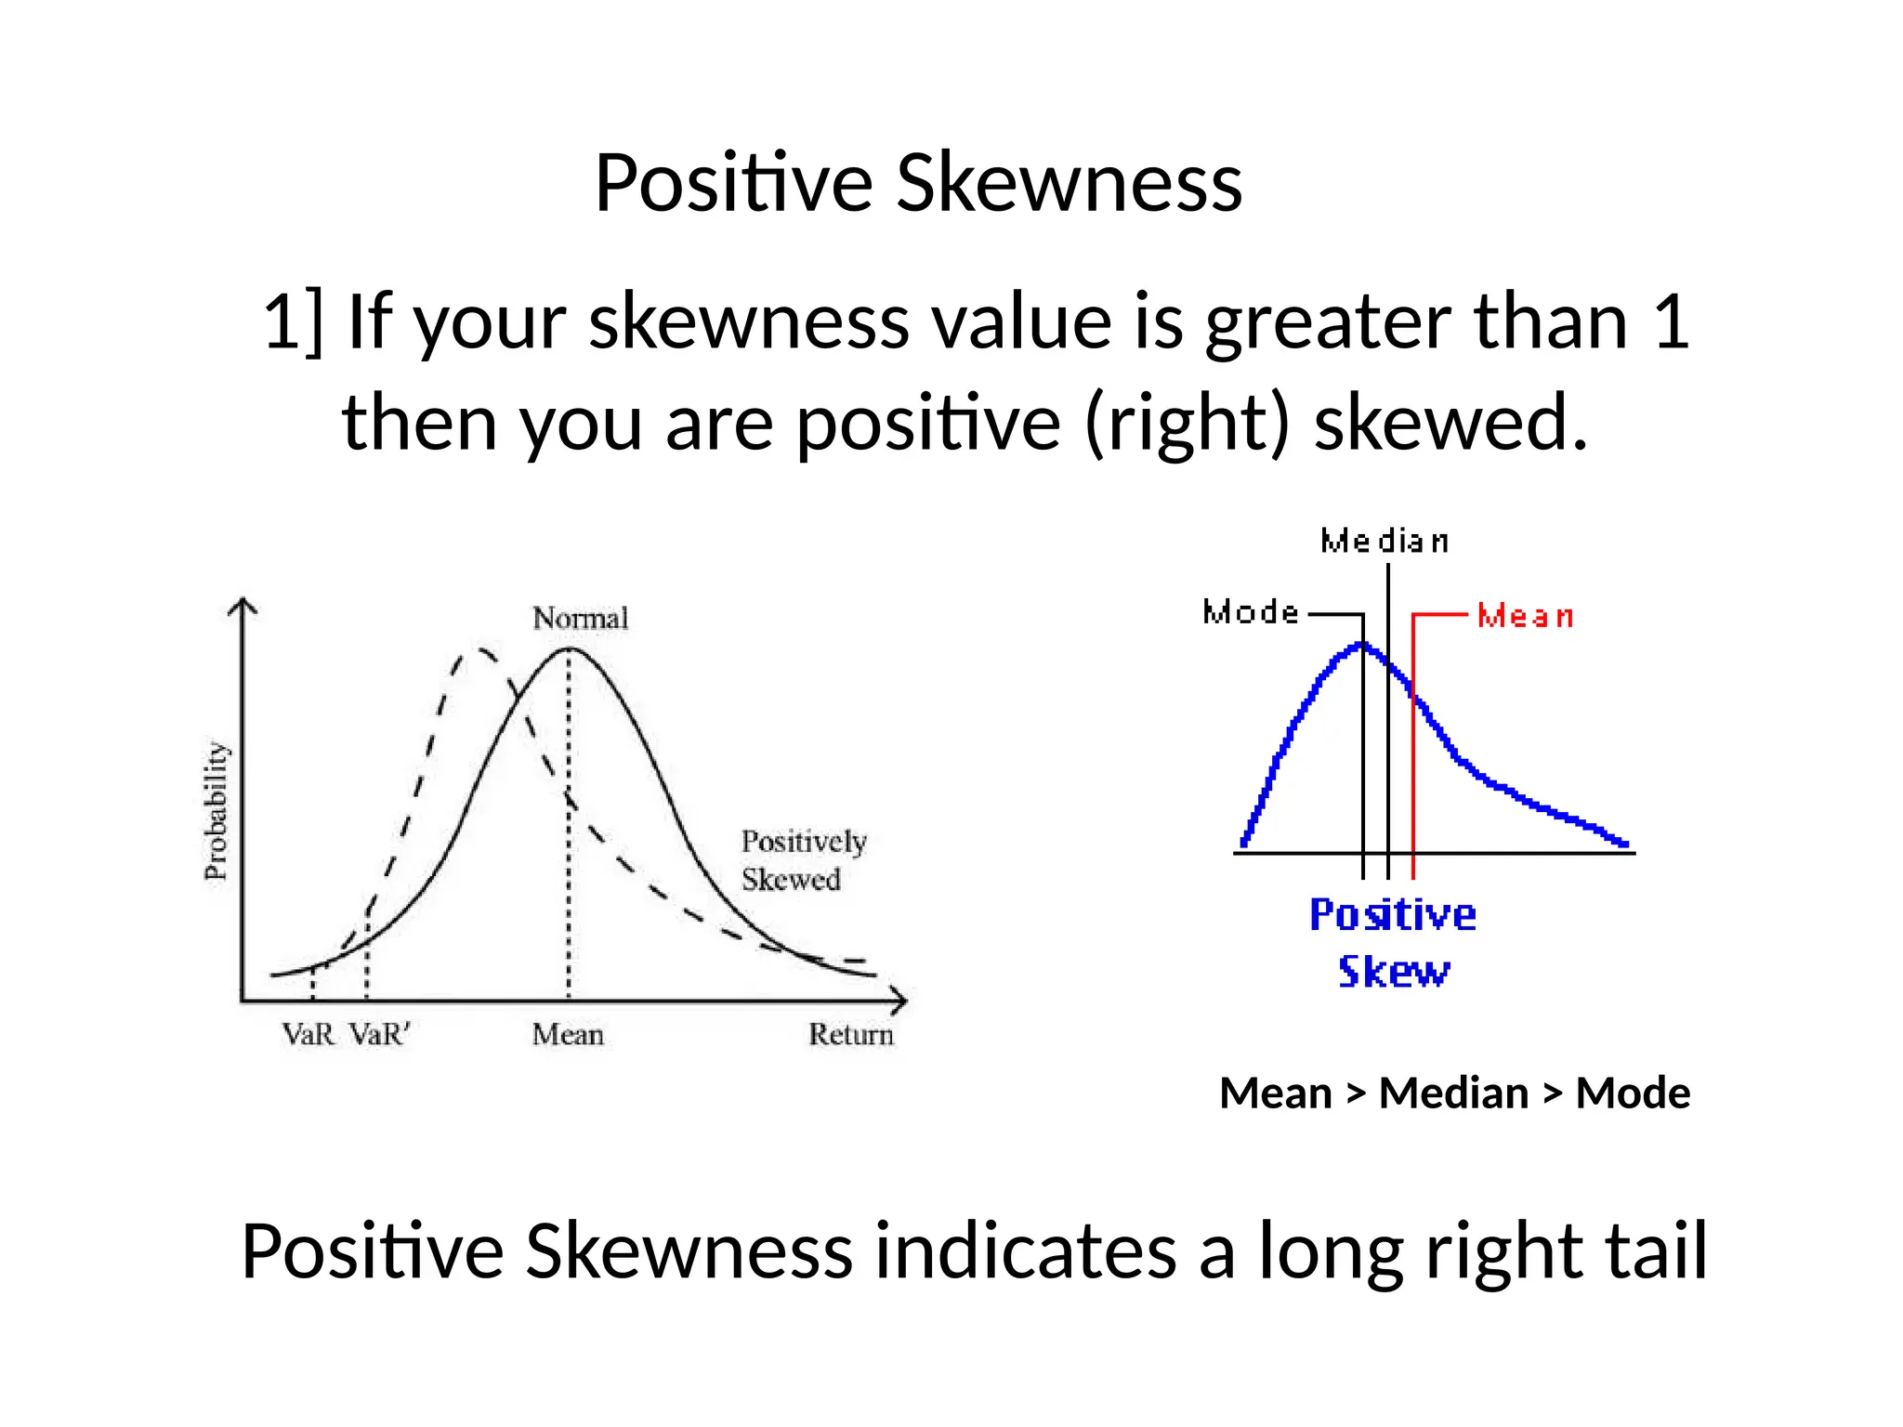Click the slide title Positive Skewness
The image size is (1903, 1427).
[x=918, y=182]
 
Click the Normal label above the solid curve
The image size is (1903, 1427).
[x=580, y=618]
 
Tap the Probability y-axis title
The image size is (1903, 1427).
[x=216, y=810]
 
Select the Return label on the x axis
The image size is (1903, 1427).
[x=850, y=1034]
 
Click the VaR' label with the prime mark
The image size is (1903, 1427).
[x=380, y=1034]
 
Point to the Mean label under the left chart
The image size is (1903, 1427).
[x=568, y=1034]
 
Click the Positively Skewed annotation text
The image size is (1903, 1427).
[x=802, y=860]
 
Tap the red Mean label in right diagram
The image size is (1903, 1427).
[x=1525, y=616]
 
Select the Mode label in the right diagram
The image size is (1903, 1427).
[x=1251, y=612]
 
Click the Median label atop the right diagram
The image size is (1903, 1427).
[x=1385, y=541]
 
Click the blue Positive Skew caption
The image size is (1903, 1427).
[x=1393, y=942]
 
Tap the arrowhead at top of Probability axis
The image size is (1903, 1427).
[x=243, y=606]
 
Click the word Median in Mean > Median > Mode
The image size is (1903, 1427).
[x=1453, y=1093]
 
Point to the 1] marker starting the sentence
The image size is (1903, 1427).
[x=293, y=321]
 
